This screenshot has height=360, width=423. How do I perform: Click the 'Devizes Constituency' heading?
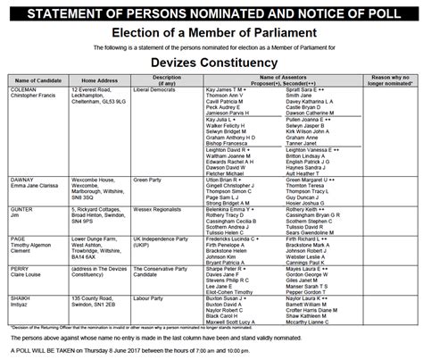tap(211, 64)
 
